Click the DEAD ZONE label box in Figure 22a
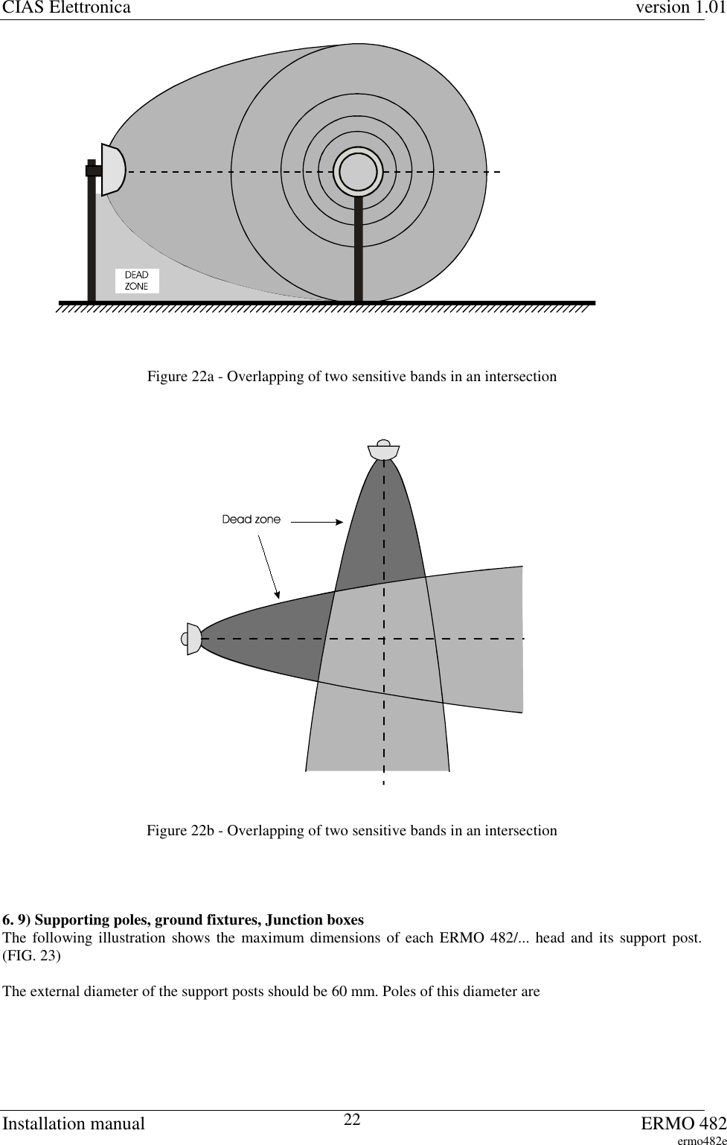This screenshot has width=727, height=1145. (x=137, y=281)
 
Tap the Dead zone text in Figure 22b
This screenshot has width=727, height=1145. (x=252, y=520)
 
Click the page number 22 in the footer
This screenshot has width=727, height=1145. (x=352, y=1120)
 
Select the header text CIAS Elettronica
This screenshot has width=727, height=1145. (x=65, y=8)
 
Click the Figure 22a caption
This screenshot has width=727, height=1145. (x=351, y=377)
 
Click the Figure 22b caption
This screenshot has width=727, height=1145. (x=351, y=830)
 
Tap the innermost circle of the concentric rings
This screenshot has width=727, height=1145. (x=358, y=172)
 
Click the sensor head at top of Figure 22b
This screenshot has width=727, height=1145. (x=384, y=450)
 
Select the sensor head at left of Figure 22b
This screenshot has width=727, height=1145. (x=193, y=639)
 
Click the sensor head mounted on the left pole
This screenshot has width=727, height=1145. (x=112, y=170)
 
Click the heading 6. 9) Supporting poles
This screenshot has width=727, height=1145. (x=184, y=920)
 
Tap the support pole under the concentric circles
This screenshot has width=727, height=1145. (x=359, y=249)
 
